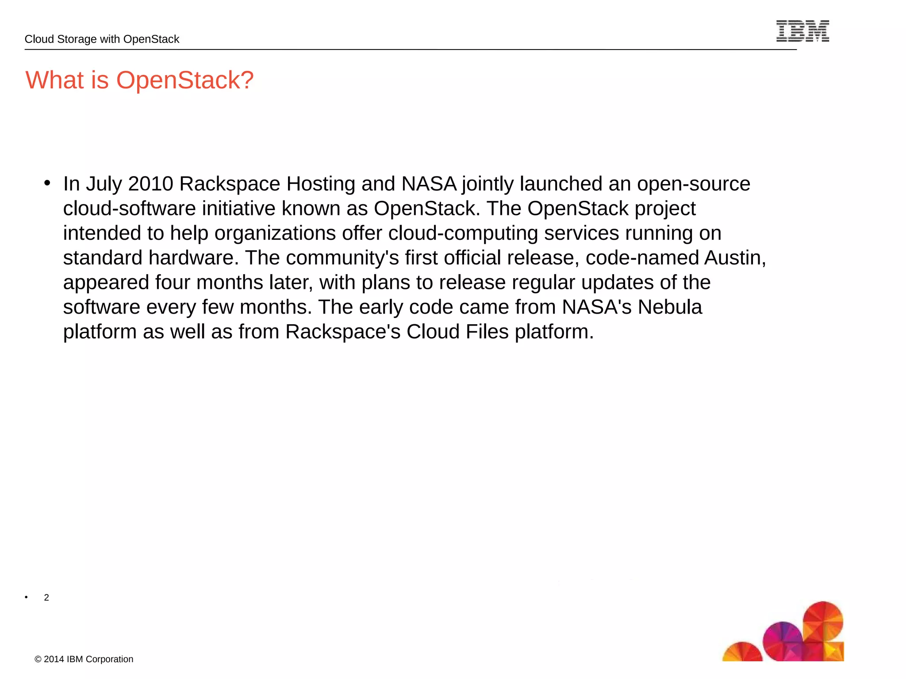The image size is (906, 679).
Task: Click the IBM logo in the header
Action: pyautogui.click(x=802, y=31)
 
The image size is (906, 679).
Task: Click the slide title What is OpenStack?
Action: pyautogui.click(x=139, y=80)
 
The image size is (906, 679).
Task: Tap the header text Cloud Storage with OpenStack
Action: pyautogui.click(x=102, y=39)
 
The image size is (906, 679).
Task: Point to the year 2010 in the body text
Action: pyautogui.click(x=150, y=184)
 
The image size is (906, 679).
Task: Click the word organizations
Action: pyautogui.click(x=275, y=234)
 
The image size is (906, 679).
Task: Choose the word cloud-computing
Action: pyautogui.click(x=463, y=234)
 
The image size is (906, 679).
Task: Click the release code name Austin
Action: pyautogui.click(x=734, y=258)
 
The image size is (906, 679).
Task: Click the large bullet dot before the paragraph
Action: pyautogui.click(x=47, y=183)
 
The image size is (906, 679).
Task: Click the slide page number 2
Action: pyautogui.click(x=46, y=598)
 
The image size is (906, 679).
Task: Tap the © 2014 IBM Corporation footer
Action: pyautogui.click(x=84, y=659)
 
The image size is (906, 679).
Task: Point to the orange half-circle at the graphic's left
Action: pyautogui.click(x=742, y=653)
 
